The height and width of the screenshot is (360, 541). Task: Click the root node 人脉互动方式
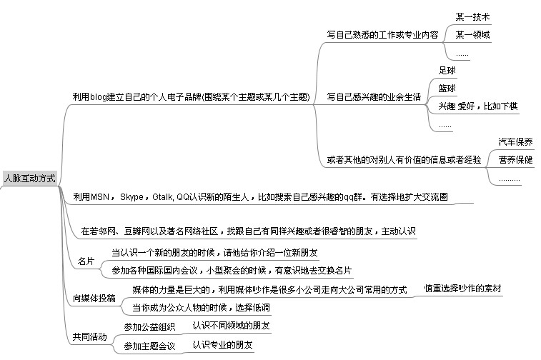click(x=29, y=179)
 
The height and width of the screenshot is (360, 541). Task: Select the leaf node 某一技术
click(x=472, y=17)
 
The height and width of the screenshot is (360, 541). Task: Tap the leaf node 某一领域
click(x=472, y=35)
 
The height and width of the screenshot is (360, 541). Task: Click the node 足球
click(x=447, y=71)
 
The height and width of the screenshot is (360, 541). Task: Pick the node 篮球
click(x=447, y=89)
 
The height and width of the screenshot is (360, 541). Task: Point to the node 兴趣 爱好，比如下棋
click(x=478, y=106)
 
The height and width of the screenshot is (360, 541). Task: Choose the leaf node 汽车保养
click(x=515, y=141)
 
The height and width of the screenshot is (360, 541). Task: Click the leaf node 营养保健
click(x=515, y=160)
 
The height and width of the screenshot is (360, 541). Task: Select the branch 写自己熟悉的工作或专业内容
click(x=382, y=35)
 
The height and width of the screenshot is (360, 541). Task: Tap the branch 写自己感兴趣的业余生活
click(x=374, y=97)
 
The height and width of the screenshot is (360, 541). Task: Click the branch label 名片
click(x=86, y=261)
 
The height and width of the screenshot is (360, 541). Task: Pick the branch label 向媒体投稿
click(x=94, y=299)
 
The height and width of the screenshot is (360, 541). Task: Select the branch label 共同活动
click(x=90, y=337)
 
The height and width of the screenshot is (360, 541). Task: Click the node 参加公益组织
click(x=149, y=327)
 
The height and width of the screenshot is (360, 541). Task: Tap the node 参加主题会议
click(x=149, y=346)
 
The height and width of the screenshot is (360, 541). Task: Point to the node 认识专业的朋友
click(x=222, y=345)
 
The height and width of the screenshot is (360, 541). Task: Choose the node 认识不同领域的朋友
click(x=231, y=326)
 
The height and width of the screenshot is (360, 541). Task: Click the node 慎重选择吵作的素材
click(x=462, y=289)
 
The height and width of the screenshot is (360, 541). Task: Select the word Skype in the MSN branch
click(x=131, y=197)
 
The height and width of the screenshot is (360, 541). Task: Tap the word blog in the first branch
click(x=99, y=97)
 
